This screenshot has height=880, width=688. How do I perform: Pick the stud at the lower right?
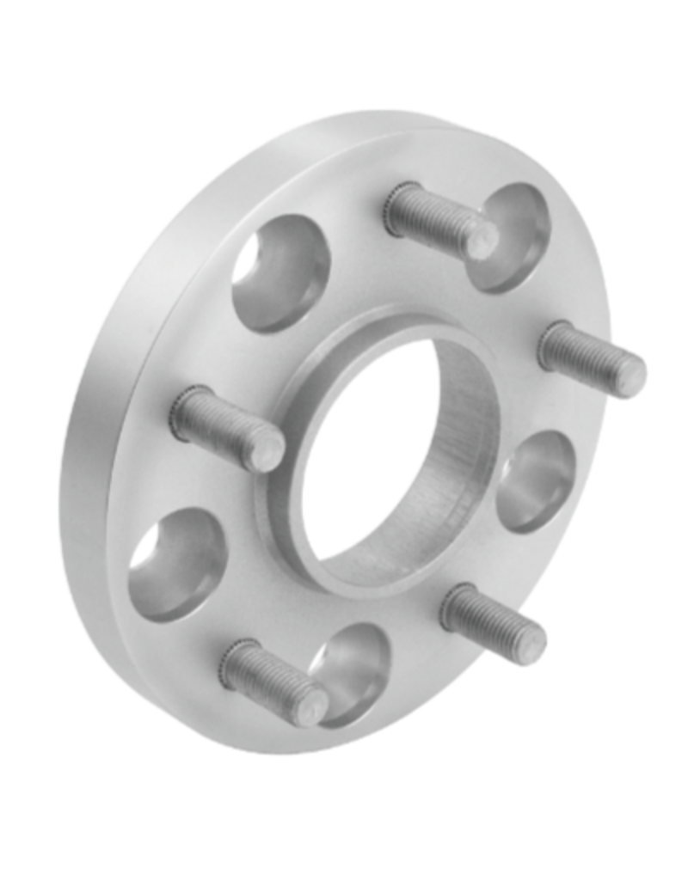[494, 614]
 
